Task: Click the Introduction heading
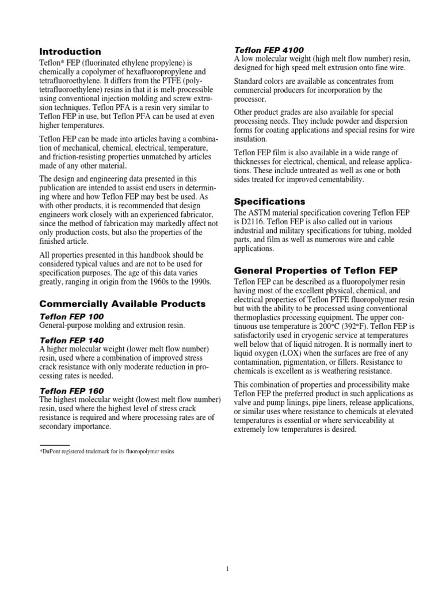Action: point(70,52)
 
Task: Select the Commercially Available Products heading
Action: point(122,303)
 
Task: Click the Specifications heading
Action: point(268,202)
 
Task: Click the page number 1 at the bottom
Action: point(228,569)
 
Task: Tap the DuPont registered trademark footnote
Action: point(106,452)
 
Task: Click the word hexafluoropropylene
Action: point(155,72)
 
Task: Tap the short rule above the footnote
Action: point(54,445)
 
